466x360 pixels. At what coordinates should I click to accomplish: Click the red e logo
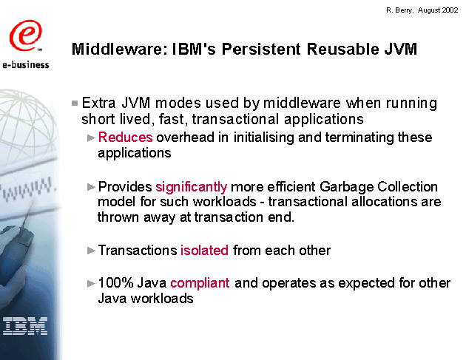25,35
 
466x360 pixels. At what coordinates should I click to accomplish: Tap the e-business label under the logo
26,64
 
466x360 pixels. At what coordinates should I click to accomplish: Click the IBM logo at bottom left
25,326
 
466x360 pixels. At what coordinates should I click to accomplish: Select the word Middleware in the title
118,49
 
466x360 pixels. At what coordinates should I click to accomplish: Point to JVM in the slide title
401,49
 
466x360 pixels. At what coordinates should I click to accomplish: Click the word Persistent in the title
261,49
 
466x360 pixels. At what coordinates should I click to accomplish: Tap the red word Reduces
125,137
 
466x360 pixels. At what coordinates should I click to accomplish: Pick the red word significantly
191,187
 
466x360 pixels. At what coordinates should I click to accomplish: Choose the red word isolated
204,250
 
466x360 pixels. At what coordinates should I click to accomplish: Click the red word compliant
200,283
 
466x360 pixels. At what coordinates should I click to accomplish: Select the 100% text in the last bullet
115,283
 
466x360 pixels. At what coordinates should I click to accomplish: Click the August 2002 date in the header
438,10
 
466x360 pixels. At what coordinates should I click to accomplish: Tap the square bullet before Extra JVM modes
75,103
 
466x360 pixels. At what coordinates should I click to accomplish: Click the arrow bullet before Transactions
91,251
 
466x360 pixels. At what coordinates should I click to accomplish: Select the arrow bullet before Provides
91,187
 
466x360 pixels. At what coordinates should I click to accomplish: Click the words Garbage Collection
378,187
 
